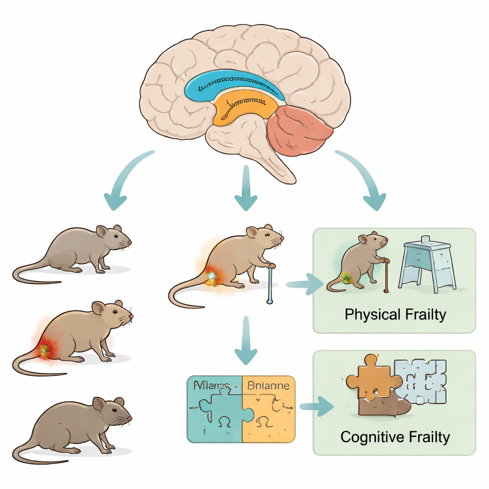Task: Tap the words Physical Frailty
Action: (395, 315)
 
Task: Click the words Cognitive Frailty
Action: (395, 436)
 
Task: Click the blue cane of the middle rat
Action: (269, 284)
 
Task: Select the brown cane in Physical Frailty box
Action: (385, 277)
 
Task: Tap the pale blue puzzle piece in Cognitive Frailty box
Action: (423, 380)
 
